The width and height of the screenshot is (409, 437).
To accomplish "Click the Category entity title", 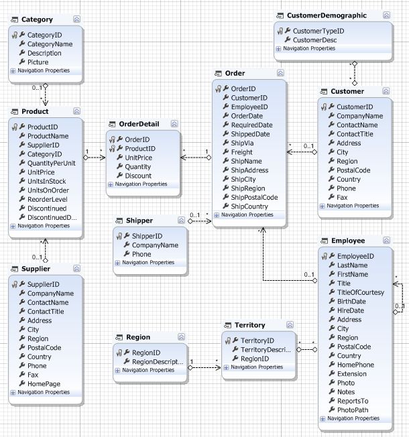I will click(37, 20).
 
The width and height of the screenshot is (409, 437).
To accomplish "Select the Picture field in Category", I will click(38, 62).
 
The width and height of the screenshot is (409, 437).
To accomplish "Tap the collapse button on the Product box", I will click(77, 111).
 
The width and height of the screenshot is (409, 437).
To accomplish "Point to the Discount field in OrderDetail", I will click(138, 176).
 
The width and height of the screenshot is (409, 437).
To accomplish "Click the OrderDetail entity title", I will click(140, 124).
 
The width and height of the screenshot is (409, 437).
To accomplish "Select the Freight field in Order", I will click(242, 152).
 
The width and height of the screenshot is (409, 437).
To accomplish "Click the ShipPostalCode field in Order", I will click(254, 197).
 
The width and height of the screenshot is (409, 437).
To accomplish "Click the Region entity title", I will click(138, 337).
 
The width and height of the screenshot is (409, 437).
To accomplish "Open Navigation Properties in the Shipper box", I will click(148, 262).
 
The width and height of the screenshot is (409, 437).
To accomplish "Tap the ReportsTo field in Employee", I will click(353, 401).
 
